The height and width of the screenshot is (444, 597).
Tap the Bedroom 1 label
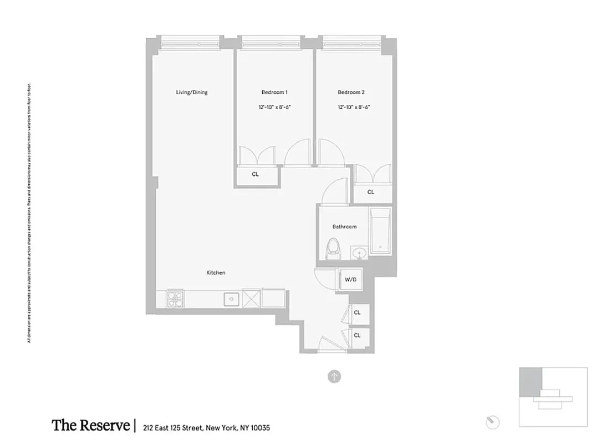coord(274,92)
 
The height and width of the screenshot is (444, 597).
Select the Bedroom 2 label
coord(351,92)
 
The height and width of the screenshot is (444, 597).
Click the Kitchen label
coord(216,273)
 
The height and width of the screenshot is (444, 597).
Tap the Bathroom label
coord(344,226)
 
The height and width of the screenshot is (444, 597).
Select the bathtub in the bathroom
coord(380,231)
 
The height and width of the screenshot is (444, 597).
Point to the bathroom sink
coord(360,254)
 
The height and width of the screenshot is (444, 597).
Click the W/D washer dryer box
coord(351,280)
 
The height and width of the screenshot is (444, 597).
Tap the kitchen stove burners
coord(175,299)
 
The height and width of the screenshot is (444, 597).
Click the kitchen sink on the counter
coord(230,299)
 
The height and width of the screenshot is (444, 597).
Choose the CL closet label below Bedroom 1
coord(255,174)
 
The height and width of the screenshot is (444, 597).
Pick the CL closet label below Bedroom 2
coord(371,192)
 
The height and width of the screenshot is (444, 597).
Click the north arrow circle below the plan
coord(334,377)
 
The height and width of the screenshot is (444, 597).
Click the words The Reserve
coord(90,426)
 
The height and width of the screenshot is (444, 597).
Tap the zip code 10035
coord(261,428)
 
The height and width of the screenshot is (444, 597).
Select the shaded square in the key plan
coord(530,380)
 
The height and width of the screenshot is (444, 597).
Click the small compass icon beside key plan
coord(492,422)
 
